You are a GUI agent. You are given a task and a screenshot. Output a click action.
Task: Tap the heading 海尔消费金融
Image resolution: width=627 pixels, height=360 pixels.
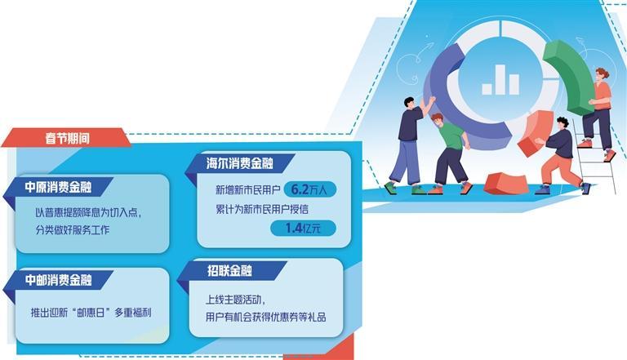[x=240, y=163]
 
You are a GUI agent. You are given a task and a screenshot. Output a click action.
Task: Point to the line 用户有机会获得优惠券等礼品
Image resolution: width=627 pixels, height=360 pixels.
[x=266, y=317]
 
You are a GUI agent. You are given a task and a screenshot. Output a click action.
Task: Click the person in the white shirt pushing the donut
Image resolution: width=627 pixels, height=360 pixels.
[x=409, y=143]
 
